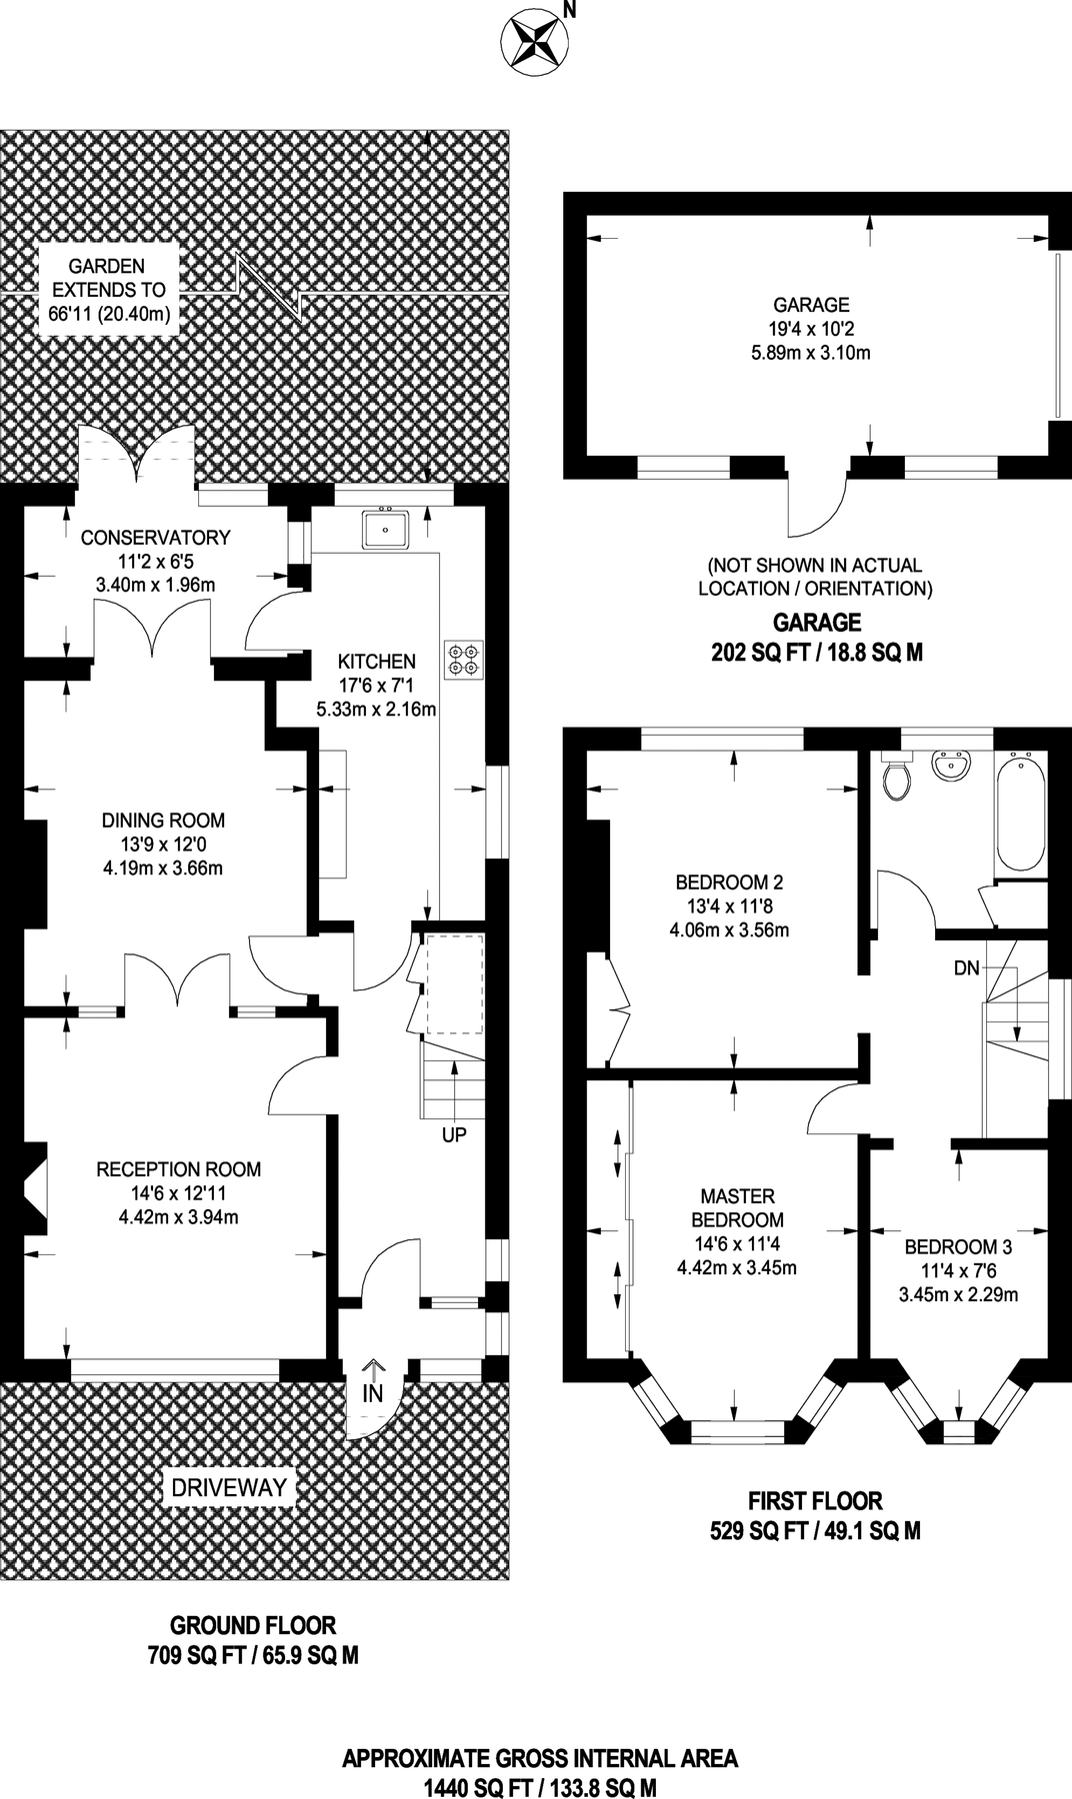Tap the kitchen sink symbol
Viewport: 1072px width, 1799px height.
(x=385, y=528)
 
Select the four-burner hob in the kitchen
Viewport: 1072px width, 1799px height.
(x=465, y=659)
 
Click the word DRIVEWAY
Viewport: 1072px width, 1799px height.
(x=229, y=1487)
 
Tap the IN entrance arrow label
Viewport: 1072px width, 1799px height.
(x=373, y=1391)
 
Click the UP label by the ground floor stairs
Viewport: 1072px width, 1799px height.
(x=454, y=1135)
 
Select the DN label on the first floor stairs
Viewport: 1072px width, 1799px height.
(x=966, y=967)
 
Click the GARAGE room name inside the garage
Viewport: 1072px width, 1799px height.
(x=811, y=305)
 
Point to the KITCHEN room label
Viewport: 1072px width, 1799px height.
(x=376, y=662)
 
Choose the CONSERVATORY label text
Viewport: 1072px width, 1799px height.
(x=155, y=538)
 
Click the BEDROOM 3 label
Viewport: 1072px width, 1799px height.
(x=958, y=1246)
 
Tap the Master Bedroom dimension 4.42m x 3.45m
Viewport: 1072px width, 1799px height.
(x=737, y=1268)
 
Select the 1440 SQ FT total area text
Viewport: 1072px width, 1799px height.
(x=541, y=1786)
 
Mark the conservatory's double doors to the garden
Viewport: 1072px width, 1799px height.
(x=135, y=455)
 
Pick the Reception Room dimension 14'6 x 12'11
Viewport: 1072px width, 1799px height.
(x=178, y=1193)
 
